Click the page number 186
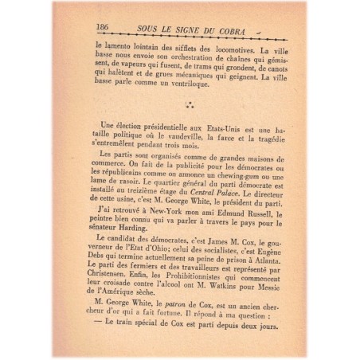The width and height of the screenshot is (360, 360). coord(102,27)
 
